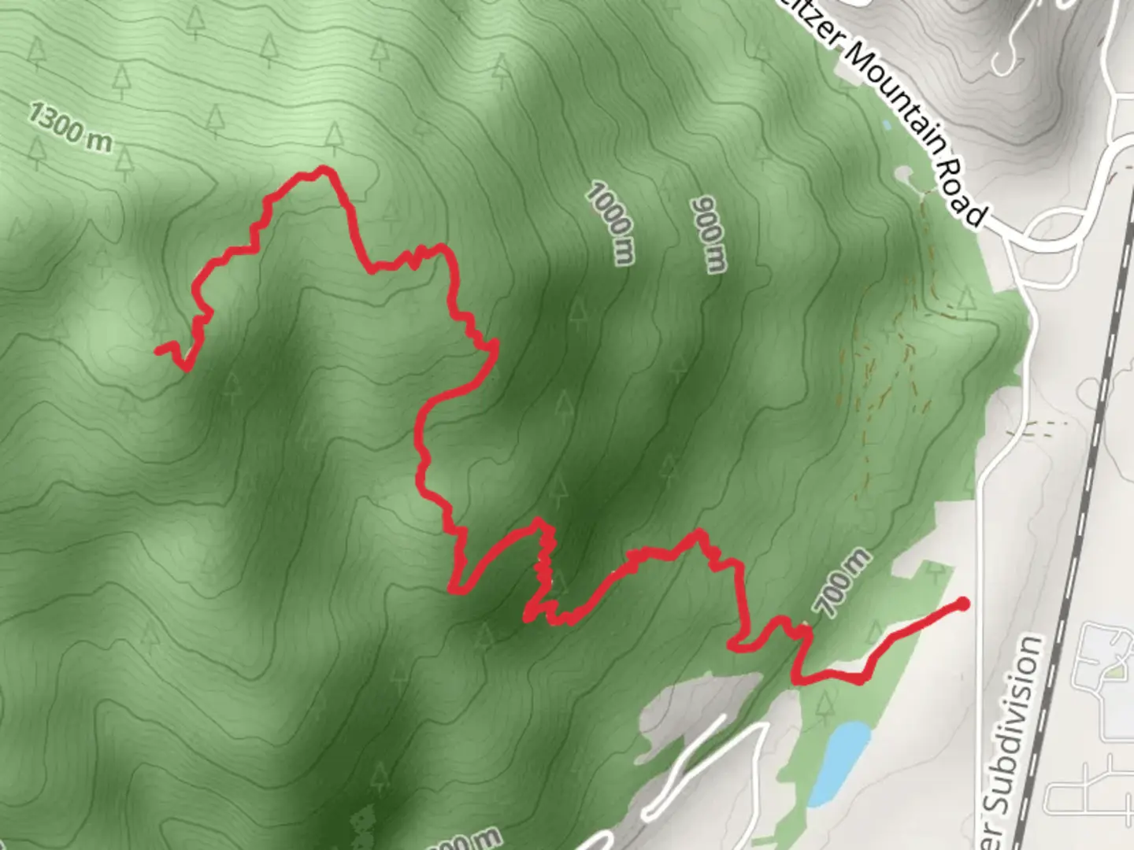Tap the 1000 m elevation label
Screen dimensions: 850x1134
click(610, 223)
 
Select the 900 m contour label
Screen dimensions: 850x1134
click(708, 234)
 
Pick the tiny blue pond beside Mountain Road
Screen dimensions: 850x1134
click(887, 124)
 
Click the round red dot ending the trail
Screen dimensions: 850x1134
click(962, 604)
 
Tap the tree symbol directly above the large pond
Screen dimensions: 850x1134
click(825, 706)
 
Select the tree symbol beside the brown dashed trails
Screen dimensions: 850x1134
click(966, 300)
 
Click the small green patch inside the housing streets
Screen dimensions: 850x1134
click(1114, 671)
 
